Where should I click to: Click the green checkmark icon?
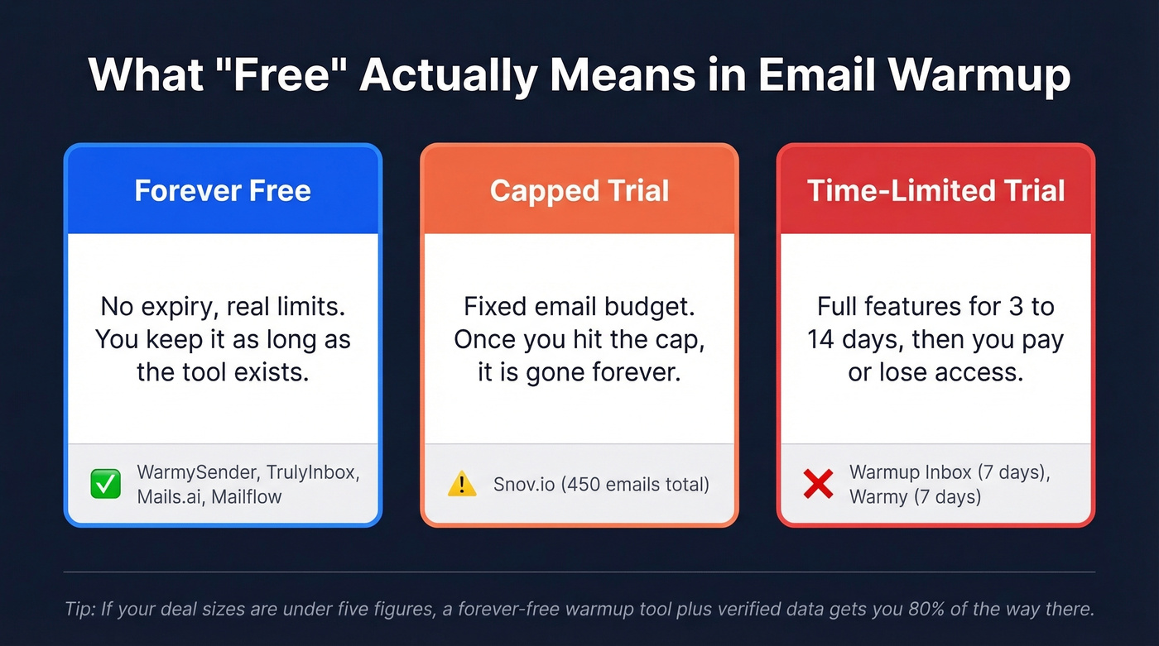coord(105,485)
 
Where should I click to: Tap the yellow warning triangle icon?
coord(462,485)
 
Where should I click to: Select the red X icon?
coord(818,485)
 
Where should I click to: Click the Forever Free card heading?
coord(223,191)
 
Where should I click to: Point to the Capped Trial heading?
coord(579,191)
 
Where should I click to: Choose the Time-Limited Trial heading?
coord(935,191)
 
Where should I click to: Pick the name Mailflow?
coord(247,497)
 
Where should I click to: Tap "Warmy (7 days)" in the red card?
coord(915,497)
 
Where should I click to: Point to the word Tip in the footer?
coord(79,610)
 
